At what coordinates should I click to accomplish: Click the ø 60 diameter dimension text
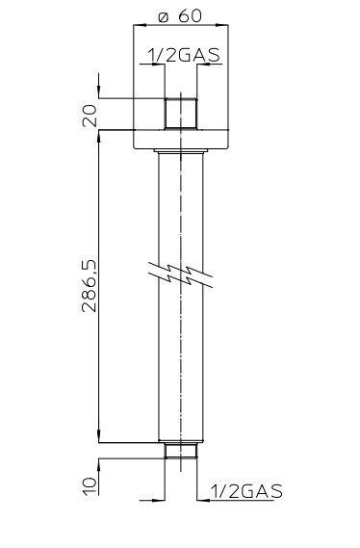tap(180, 15)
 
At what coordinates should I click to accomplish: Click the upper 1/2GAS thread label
tap(185, 55)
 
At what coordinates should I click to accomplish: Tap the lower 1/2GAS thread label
tap(246, 491)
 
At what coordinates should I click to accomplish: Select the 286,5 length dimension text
tap(89, 285)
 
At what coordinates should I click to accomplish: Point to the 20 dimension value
tap(90, 116)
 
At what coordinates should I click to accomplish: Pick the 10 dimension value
tap(90, 484)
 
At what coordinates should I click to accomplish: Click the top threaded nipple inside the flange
tap(181, 115)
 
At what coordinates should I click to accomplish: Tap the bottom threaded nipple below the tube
tap(181, 450)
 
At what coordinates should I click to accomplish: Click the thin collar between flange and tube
tap(181, 150)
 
